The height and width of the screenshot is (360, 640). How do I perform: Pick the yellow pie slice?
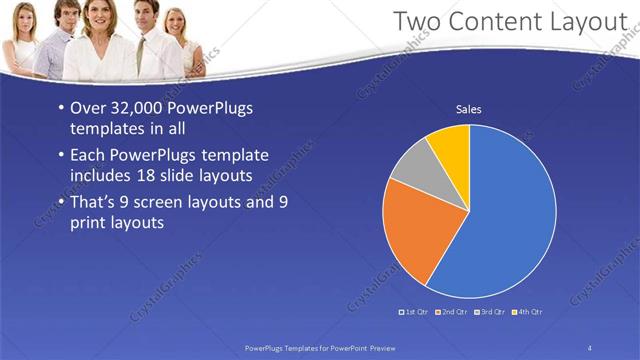(x=450, y=148)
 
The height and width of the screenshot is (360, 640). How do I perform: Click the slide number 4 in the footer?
(x=589, y=347)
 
